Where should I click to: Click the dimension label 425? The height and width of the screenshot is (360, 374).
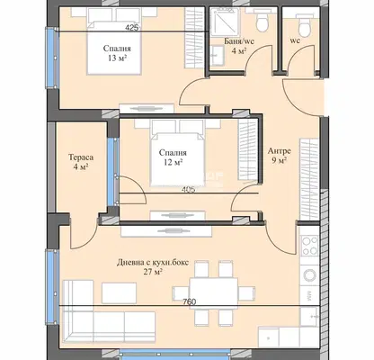coord(132,28)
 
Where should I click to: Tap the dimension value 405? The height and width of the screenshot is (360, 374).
coord(189,190)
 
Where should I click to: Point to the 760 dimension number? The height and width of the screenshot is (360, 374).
coord(190,301)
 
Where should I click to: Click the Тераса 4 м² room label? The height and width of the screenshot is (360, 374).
coord(81,162)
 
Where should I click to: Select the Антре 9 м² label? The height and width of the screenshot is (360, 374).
coord(279,156)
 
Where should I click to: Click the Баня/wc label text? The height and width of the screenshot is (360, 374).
coord(239,41)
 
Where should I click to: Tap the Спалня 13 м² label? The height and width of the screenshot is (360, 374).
coord(117,53)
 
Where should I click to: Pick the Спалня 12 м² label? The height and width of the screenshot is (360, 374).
coord(173,157)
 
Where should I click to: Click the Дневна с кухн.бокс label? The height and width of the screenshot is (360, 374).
coord(153,263)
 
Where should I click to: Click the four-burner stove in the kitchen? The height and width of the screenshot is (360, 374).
coord(309,246)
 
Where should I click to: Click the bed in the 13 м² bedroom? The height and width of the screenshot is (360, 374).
coord(114,48)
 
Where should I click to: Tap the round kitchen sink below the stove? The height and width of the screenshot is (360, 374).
coord(309,274)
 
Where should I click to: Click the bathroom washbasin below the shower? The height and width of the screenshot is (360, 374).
coord(217,56)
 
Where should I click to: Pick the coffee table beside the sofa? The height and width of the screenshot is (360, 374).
coord(119,292)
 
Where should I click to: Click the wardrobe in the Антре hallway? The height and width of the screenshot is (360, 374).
coord(309,179)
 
